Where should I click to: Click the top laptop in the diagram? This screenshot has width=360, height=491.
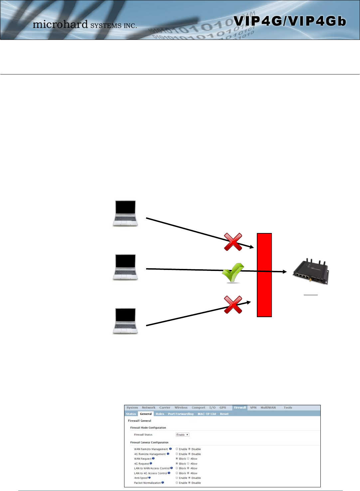(125, 213)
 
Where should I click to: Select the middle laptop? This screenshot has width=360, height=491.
(125, 267)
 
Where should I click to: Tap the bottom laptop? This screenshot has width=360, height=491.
(125, 321)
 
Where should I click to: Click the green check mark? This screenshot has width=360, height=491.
(233, 273)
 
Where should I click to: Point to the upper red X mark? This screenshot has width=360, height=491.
(233, 242)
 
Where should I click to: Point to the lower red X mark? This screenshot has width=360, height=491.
(233, 305)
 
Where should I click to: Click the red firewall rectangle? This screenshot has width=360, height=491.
(265, 275)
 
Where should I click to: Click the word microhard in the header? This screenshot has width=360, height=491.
(60, 24)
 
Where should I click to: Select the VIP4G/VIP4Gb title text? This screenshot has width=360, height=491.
(289, 21)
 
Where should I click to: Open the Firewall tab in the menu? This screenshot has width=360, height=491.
(240, 408)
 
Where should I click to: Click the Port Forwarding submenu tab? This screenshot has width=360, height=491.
(181, 414)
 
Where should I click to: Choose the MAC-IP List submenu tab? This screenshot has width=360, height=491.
(207, 414)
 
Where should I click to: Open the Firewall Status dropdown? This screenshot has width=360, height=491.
(182, 435)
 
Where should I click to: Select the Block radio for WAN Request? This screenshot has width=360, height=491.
(177, 459)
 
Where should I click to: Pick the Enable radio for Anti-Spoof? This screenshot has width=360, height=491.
(177, 478)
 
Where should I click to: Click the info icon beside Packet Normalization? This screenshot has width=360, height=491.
(163, 483)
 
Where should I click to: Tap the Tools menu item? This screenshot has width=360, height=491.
(288, 408)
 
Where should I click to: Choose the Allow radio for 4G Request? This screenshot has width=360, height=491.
(188, 463)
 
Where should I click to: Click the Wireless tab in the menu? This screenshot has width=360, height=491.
(181, 408)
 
